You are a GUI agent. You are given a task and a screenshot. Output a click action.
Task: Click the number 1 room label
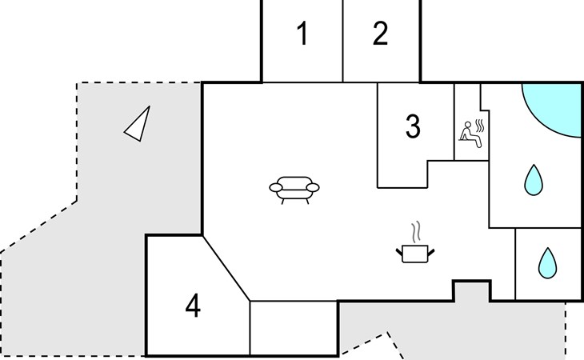[303, 33]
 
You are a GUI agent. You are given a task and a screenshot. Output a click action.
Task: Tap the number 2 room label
[380, 33]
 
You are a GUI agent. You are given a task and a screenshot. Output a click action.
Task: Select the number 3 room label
[413, 126]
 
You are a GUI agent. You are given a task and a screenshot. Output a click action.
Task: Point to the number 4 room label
[193, 306]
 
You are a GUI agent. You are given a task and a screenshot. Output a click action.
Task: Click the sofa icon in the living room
[294, 190]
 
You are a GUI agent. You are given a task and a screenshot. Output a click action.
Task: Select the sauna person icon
[470, 134]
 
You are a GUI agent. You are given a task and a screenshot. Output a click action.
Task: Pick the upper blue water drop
[534, 180]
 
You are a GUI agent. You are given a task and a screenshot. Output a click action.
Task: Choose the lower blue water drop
[547, 263]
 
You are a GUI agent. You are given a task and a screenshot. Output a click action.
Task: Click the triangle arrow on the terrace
[138, 124]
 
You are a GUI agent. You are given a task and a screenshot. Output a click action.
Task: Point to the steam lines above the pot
[416, 231]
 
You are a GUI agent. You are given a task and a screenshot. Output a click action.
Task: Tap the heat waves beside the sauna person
[480, 126]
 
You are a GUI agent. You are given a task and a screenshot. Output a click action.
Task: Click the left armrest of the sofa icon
[276, 187]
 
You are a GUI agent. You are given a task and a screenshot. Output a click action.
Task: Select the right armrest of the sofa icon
[313, 187]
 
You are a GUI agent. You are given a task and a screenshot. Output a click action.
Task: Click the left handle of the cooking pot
[399, 253]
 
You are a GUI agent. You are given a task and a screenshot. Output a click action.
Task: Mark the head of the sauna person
[468, 125]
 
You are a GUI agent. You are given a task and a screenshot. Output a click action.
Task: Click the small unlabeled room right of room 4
[294, 328]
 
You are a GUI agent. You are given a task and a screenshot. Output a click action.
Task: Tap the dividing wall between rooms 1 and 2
[342, 41]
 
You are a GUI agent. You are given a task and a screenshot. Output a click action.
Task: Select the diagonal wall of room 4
[226, 268]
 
